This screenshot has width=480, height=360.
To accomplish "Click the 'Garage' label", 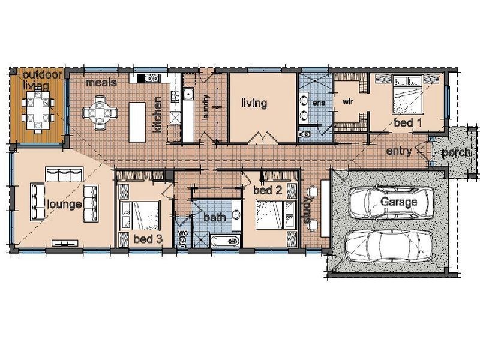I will pos(398,202).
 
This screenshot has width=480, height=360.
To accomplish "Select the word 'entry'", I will pos(399,151).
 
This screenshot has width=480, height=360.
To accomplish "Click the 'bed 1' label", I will pos(407,122).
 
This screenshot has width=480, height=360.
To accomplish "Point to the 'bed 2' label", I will pos(268,190).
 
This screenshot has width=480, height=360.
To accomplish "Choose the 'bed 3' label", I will pos(148,239).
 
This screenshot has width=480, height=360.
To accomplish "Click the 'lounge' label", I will pos(65,204).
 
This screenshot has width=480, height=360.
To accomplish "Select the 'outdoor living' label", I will pos(37,80).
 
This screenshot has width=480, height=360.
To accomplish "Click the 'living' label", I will pos(254,103).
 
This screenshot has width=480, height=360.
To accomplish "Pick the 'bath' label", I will pos(214,217).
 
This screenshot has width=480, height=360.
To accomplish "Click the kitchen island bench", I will pos(137,122).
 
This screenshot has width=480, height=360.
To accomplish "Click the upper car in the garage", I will pos(391,202).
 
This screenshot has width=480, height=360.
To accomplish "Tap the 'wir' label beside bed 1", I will pos(347,101).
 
